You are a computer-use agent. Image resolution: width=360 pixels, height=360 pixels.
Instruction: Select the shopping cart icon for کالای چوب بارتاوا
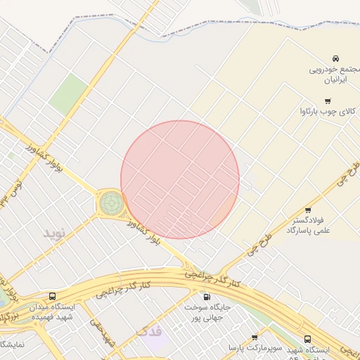pos(326,101)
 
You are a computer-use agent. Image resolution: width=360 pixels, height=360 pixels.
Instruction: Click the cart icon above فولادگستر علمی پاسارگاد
pos(308,210)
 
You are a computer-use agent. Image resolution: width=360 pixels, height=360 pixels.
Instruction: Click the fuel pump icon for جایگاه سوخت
pos(206,296)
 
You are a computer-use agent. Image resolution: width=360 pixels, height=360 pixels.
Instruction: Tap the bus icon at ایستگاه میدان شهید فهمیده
pos(52,296)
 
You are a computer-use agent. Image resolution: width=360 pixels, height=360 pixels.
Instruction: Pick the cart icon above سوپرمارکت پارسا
pos(254,338)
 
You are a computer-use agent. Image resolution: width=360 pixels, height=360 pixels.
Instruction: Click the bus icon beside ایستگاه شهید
pos(308,339)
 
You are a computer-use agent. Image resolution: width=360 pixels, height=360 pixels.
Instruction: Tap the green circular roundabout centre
pos(110,202)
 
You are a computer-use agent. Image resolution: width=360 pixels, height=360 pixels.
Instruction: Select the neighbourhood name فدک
pos(148,331)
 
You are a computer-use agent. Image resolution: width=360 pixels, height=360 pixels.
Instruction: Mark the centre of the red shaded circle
pos(180,179)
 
